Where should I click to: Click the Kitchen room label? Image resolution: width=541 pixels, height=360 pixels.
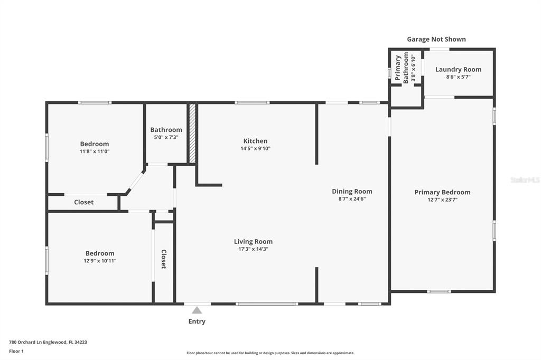pyautogui.click(x=255, y=141)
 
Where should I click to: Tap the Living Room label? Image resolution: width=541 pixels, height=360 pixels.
pyautogui.click(x=253, y=242)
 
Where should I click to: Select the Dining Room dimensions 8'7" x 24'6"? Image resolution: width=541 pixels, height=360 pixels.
pyautogui.click(x=352, y=198)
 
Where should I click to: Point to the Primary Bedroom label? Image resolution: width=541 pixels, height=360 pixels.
pyautogui.click(x=442, y=193)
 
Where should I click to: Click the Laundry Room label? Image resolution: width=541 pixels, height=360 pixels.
pyautogui.click(x=458, y=69)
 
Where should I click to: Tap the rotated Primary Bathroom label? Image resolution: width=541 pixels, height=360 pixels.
pyautogui.click(x=402, y=68)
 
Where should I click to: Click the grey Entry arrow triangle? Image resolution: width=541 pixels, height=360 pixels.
pyautogui.click(x=197, y=310)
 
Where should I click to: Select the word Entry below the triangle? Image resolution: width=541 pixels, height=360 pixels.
pyautogui.click(x=197, y=321)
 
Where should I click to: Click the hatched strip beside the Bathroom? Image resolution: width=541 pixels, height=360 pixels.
pyautogui.click(x=192, y=133)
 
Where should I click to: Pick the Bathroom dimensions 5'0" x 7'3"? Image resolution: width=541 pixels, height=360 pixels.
pyautogui.click(x=166, y=137)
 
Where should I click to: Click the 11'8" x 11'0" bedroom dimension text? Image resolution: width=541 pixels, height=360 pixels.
pyautogui.click(x=95, y=151)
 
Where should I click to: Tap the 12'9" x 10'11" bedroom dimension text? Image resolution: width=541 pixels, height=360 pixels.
pyautogui.click(x=100, y=261)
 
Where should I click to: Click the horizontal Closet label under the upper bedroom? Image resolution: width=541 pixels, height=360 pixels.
pyautogui.click(x=84, y=202)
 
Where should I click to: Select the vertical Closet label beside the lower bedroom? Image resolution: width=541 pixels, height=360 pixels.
pyautogui.click(x=164, y=259)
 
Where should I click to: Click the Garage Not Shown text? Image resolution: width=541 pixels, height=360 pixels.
pyautogui.click(x=436, y=39)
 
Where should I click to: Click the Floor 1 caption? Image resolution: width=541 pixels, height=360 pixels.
pyautogui.click(x=16, y=352)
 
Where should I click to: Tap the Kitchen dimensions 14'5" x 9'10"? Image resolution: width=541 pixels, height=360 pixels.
pyautogui.click(x=255, y=149)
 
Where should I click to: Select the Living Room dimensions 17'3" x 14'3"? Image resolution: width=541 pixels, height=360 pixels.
pyautogui.click(x=253, y=249)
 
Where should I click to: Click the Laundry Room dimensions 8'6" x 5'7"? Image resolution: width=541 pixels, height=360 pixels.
pyautogui.click(x=458, y=77)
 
